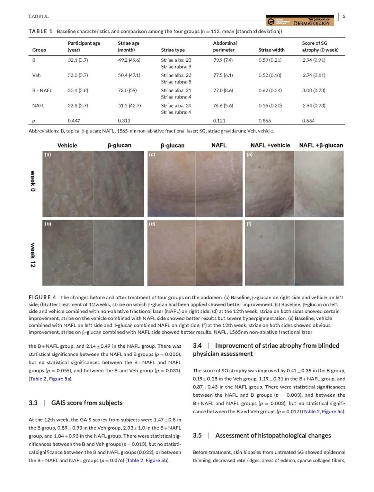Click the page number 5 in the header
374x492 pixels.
pos(344,16)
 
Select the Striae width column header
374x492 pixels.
pos(271,50)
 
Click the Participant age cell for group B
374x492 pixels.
pos(78,60)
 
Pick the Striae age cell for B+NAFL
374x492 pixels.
pos(127,90)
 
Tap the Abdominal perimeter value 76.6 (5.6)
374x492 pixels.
pos(223,106)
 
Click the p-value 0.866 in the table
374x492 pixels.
pos(265,121)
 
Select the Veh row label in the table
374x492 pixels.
pos(36,75)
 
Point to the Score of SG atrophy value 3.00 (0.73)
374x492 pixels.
pos(314,90)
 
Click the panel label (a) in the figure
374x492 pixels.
pos(48,155)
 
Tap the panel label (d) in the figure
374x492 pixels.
pos(152,224)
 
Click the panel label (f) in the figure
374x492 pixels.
pos(249,224)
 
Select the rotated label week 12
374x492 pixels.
pos(33,255)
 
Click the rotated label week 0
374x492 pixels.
pos(33,181)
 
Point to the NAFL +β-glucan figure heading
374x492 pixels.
pos(321,145)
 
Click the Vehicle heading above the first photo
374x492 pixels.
pos(67,145)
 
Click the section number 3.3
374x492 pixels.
pos(33,403)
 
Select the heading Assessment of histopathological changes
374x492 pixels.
pos(273,435)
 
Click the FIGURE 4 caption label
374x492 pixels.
pos(42,297)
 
